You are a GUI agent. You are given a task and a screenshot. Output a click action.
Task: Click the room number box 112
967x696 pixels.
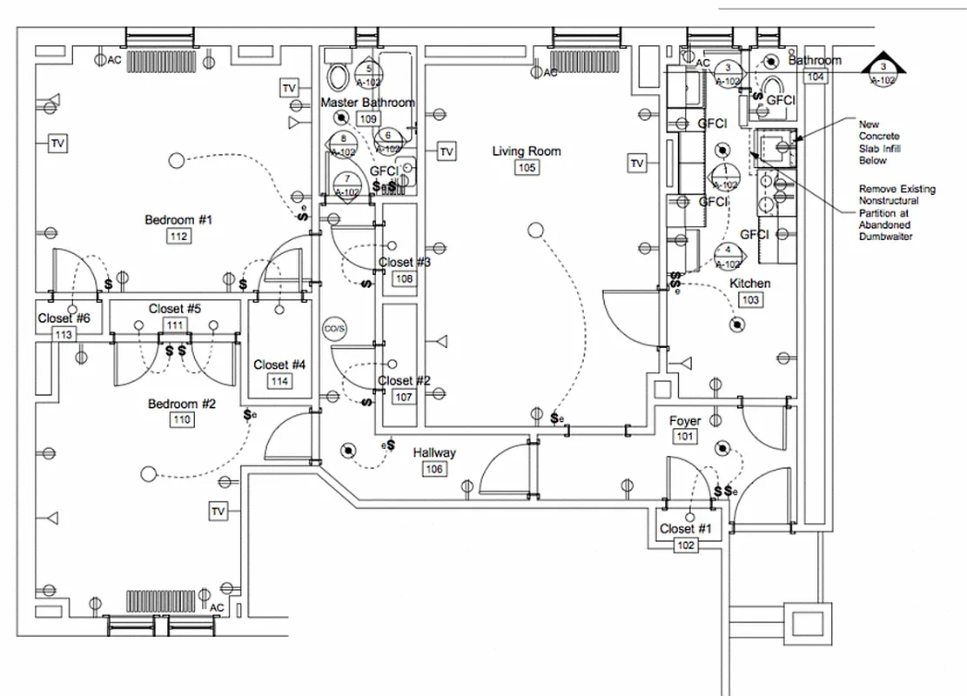(x=179, y=237)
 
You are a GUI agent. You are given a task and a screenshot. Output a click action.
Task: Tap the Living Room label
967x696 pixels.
(x=527, y=151)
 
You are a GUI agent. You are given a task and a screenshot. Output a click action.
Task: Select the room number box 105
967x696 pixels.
(x=527, y=168)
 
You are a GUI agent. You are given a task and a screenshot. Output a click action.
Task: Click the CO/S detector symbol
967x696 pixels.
(x=334, y=329)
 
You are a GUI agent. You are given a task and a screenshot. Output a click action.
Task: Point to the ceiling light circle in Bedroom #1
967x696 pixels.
(x=177, y=160)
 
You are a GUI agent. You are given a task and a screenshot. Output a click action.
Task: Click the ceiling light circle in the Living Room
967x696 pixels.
(x=535, y=230)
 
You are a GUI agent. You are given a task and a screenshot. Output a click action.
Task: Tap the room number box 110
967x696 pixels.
(x=181, y=420)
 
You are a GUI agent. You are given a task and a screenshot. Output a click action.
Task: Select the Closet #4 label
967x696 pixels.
(x=279, y=365)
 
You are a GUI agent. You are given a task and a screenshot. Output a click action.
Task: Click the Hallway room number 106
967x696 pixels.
(x=434, y=470)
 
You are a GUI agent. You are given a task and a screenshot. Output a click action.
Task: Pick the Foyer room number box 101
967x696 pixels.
(x=686, y=437)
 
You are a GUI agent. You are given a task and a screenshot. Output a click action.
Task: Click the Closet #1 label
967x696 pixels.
(x=685, y=529)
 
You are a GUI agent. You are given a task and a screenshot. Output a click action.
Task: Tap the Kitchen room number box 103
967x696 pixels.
(x=749, y=300)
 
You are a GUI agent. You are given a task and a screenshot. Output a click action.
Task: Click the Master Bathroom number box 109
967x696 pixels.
(x=368, y=118)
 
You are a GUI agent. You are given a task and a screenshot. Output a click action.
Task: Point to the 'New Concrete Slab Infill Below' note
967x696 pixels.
(x=879, y=143)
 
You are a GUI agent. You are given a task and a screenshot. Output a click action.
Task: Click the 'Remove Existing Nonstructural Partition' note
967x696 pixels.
(x=896, y=212)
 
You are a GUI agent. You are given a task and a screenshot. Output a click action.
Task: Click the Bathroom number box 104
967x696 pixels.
(x=816, y=77)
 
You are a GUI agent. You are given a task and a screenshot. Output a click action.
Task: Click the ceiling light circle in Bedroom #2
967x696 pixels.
(x=149, y=474)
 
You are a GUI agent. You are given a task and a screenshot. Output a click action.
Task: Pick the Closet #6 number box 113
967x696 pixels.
(x=64, y=335)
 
